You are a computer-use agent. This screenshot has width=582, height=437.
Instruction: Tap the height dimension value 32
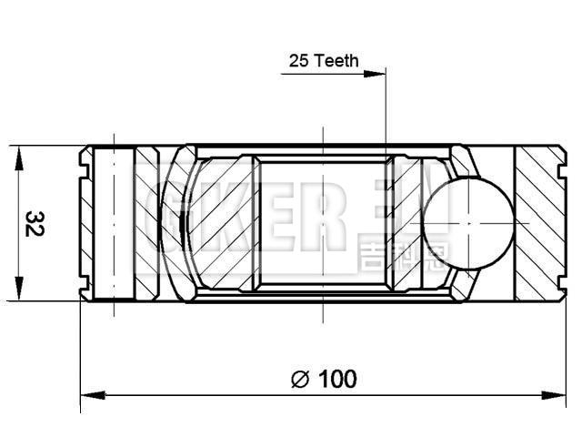35,223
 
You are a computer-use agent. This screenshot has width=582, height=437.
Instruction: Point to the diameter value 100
337,379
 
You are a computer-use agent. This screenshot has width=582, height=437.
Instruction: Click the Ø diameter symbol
301,379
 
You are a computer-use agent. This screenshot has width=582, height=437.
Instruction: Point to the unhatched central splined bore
323,223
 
